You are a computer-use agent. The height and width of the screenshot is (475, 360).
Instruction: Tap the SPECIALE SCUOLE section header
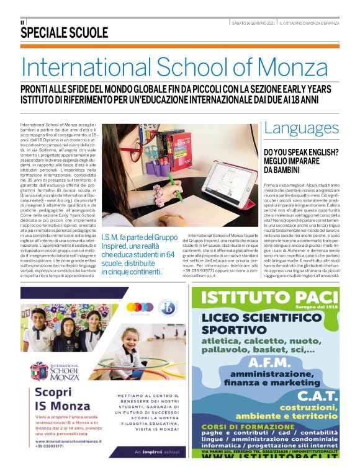[65, 33]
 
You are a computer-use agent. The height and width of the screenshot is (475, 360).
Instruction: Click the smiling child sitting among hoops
[131, 344]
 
